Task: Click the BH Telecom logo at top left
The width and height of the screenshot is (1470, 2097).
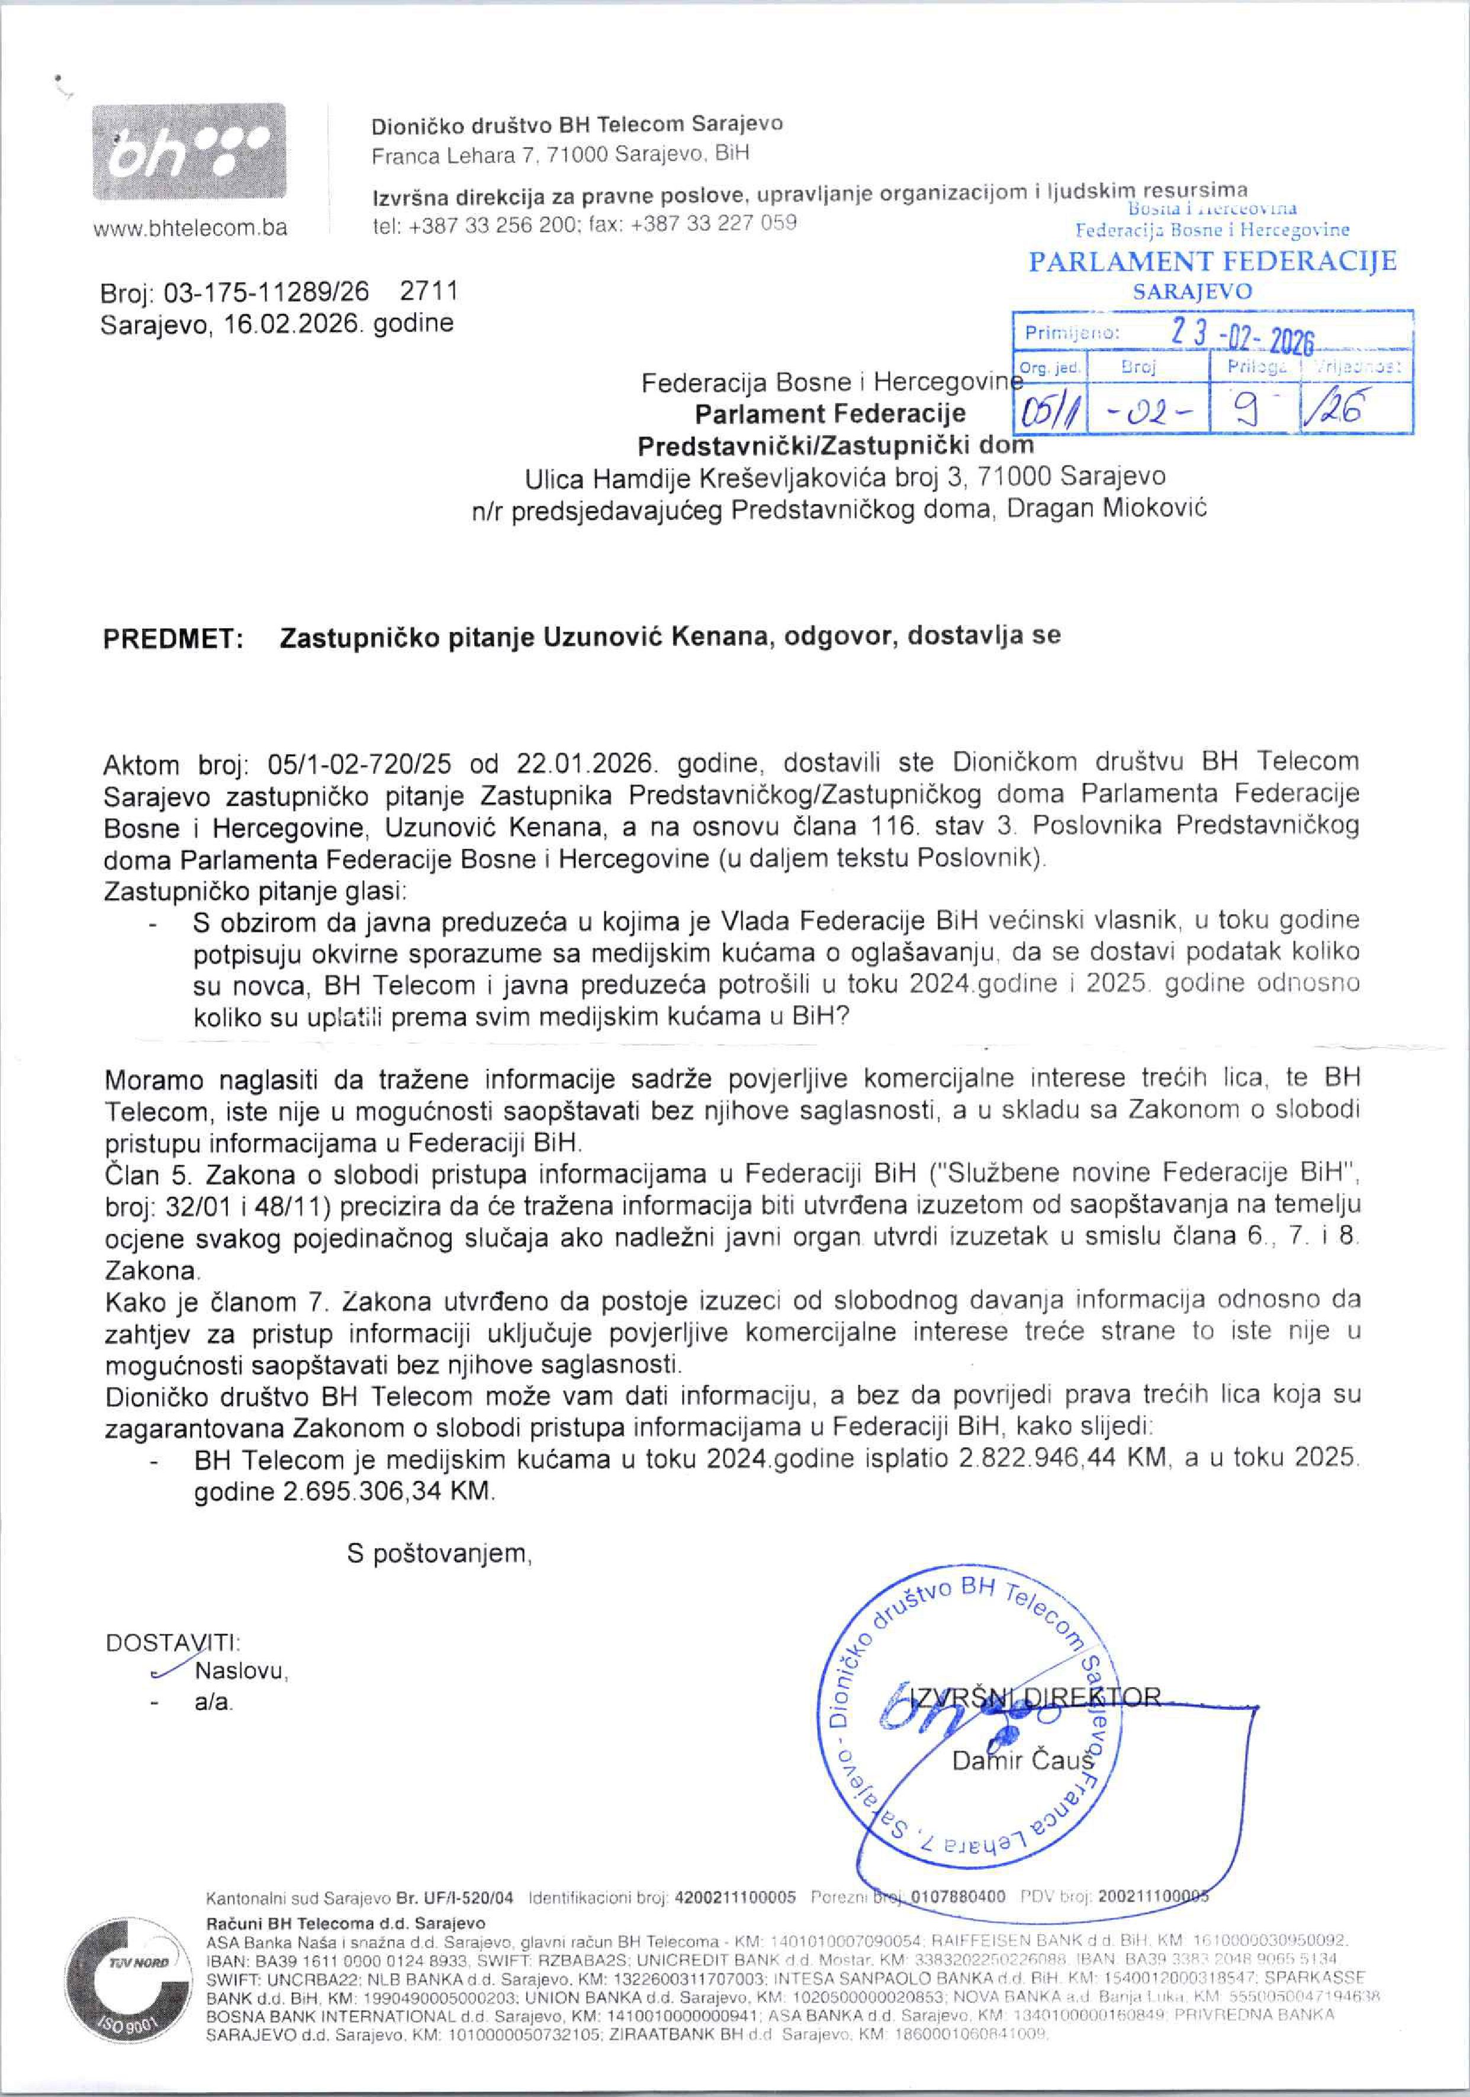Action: click(188, 153)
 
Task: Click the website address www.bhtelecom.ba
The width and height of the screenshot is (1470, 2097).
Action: click(190, 229)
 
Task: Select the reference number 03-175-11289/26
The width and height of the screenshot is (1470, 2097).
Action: click(266, 292)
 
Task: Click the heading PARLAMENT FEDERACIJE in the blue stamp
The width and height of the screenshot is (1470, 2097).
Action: click(1212, 262)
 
